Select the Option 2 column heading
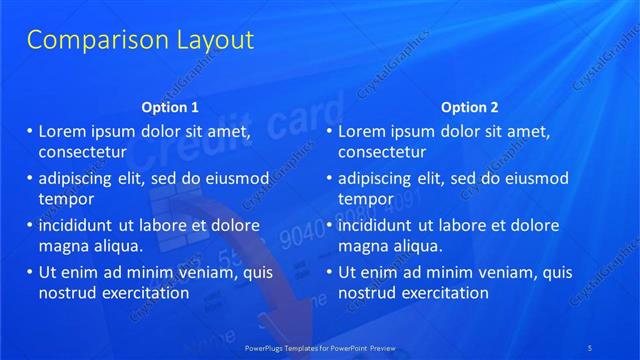(x=469, y=107)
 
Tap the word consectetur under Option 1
(x=82, y=153)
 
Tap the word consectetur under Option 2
(x=382, y=153)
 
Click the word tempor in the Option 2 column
(x=364, y=199)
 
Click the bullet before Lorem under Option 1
(x=30, y=131)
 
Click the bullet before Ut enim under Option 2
(x=330, y=272)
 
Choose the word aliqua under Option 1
(x=114, y=246)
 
